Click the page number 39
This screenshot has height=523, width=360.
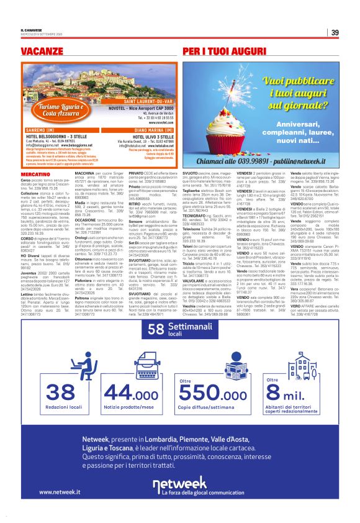click(x=335, y=32)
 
